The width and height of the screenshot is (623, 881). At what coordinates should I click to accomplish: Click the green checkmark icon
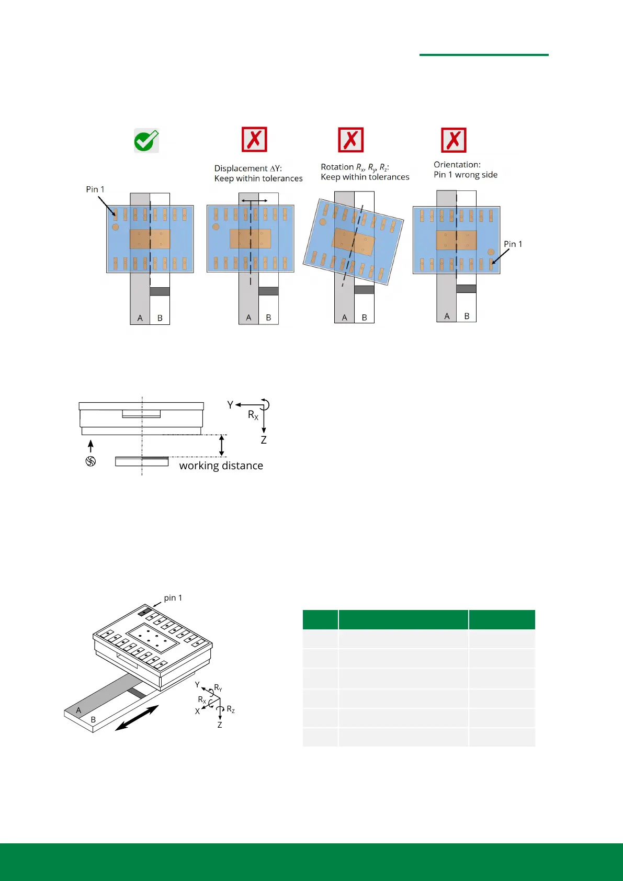click(x=146, y=141)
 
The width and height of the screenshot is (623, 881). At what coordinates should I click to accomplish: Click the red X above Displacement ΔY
click(x=254, y=140)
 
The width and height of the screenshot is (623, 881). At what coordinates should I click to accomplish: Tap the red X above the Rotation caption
click(x=350, y=140)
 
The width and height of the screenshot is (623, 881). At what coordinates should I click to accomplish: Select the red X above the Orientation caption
click(x=454, y=140)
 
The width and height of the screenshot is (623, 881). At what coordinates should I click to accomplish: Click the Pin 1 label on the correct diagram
click(x=95, y=189)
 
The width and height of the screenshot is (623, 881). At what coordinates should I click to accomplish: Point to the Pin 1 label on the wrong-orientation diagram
click(x=513, y=244)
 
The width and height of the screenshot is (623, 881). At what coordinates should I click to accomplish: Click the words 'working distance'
click(x=221, y=466)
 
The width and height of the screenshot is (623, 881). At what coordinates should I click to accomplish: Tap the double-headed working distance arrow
click(x=222, y=445)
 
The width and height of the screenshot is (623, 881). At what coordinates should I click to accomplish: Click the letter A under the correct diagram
click(x=140, y=318)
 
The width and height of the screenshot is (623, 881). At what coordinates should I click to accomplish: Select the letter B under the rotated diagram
click(x=364, y=318)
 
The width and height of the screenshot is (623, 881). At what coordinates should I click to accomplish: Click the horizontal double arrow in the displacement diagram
click(x=254, y=200)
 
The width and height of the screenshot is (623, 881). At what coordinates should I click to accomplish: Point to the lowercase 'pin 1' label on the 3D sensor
click(x=173, y=598)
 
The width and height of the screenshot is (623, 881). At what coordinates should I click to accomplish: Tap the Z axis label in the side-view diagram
click(x=264, y=440)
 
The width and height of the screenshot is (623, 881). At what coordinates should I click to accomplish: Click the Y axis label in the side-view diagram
click(x=230, y=404)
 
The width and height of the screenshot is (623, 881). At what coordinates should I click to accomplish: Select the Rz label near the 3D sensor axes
click(x=231, y=710)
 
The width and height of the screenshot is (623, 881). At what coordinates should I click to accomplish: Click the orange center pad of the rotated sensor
click(x=354, y=241)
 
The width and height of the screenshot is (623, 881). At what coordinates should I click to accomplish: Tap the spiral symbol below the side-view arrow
click(x=90, y=461)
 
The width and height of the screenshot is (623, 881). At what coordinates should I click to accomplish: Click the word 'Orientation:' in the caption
click(x=457, y=165)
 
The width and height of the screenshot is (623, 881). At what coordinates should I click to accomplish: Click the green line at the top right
click(x=484, y=54)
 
